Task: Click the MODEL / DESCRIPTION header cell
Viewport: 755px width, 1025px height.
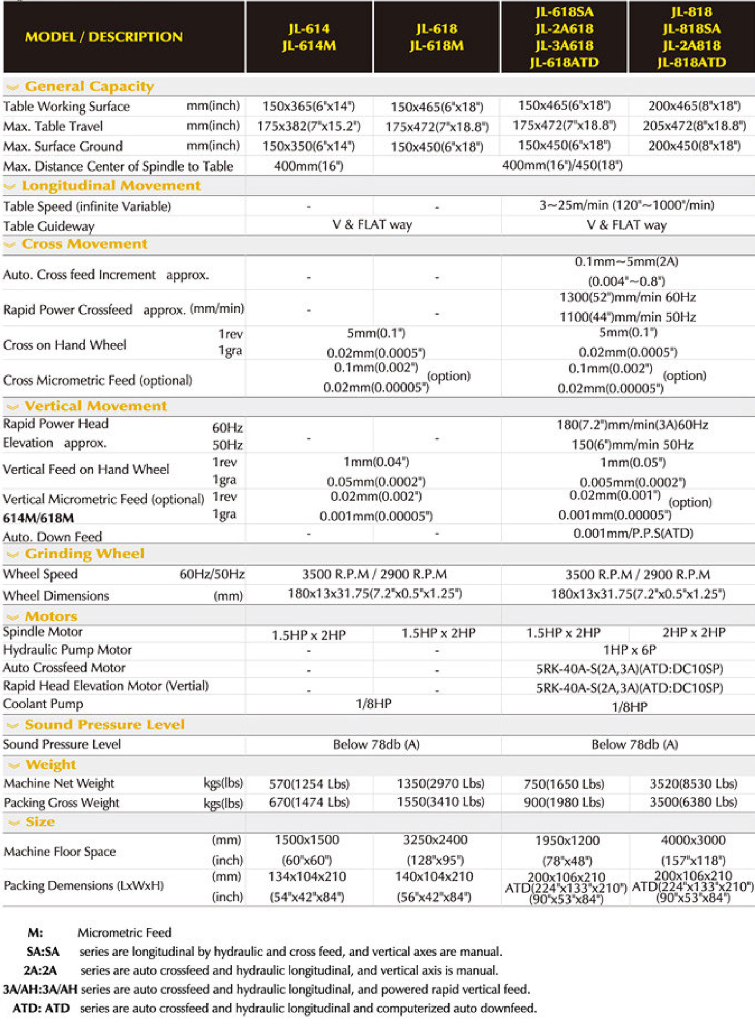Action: (104, 37)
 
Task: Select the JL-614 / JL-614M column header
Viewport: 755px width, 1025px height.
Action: (309, 37)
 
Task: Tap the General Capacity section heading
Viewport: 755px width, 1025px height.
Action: (89, 86)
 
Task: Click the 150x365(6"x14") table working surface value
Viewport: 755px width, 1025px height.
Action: (309, 107)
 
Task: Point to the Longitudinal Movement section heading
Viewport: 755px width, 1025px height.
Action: (111, 185)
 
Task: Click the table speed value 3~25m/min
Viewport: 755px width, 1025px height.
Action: (626, 205)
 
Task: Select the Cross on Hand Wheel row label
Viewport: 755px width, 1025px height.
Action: (64, 345)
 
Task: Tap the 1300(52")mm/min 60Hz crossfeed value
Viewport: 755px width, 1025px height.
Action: (627, 297)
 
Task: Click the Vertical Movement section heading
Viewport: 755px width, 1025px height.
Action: (96, 406)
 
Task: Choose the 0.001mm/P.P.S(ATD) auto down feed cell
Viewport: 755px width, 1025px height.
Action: (633, 533)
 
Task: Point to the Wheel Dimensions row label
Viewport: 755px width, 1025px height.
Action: (56, 596)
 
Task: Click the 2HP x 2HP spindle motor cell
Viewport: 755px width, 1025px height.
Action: (694, 633)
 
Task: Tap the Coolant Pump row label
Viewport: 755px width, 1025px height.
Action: (43, 704)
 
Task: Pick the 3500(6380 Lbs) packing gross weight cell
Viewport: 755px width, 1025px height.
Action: (693, 802)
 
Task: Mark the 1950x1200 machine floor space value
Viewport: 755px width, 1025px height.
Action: (567, 840)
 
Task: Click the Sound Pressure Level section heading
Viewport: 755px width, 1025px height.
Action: (104, 725)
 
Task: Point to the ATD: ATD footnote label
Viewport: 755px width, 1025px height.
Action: (41, 1008)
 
